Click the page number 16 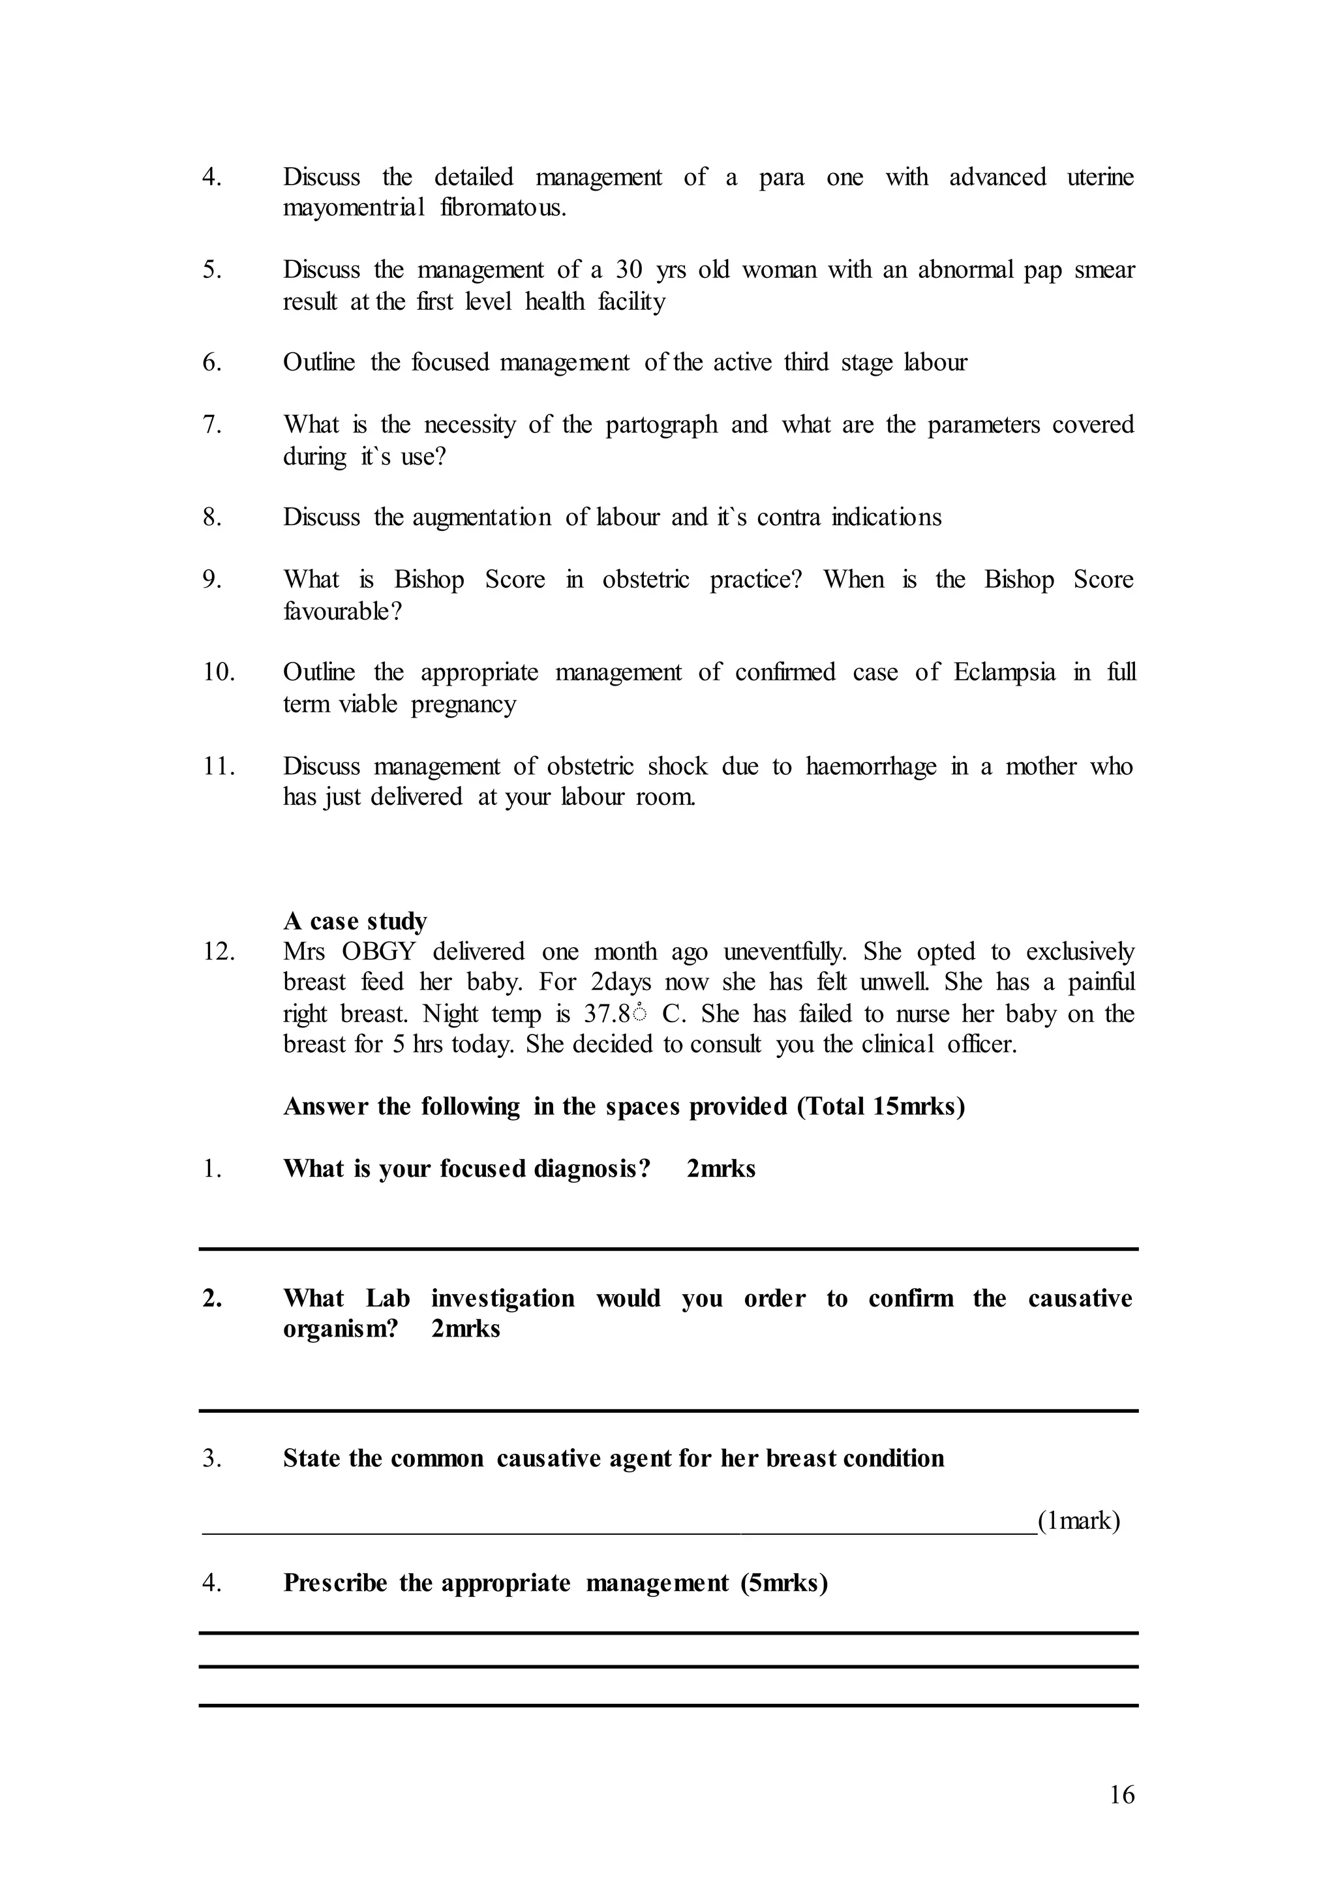pos(1121,1817)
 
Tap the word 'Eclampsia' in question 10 pos(1004,672)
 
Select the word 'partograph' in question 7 pos(661,425)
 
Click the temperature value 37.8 pos(606,1014)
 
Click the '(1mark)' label pos(1078,1520)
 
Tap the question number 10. pos(219,672)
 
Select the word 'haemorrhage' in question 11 pos(870,767)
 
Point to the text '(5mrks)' pos(783,1583)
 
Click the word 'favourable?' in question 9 pos(342,611)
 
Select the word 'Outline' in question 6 pos(319,363)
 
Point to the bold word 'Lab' pos(387,1298)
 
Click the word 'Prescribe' pos(335,1583)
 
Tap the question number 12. pos(219,952)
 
